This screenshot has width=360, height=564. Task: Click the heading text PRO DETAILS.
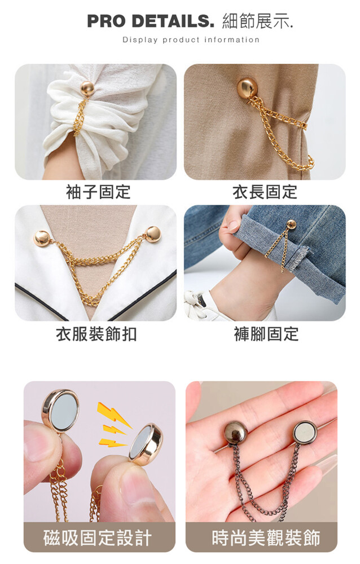point(151,21)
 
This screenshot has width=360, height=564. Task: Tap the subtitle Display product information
point(191,39)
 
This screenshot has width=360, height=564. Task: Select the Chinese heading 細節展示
point(258,21)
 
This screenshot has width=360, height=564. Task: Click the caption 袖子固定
point(98,192)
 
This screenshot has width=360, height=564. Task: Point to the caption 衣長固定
point(265,192)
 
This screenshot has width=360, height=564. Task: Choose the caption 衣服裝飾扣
point(96,334)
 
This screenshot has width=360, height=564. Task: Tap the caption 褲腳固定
point(266,334)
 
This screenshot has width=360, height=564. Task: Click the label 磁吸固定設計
point(98,538)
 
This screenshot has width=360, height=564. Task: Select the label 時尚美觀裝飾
point(266,538)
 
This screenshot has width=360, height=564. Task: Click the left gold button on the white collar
point(42,238)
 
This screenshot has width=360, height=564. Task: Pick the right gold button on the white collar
point(153,234)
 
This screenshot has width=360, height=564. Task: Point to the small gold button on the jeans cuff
point(291,224)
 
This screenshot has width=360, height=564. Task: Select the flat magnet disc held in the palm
point(305,433)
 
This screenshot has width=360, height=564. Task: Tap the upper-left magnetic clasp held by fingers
point(60,409)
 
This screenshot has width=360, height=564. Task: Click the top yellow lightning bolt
point(113,415)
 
